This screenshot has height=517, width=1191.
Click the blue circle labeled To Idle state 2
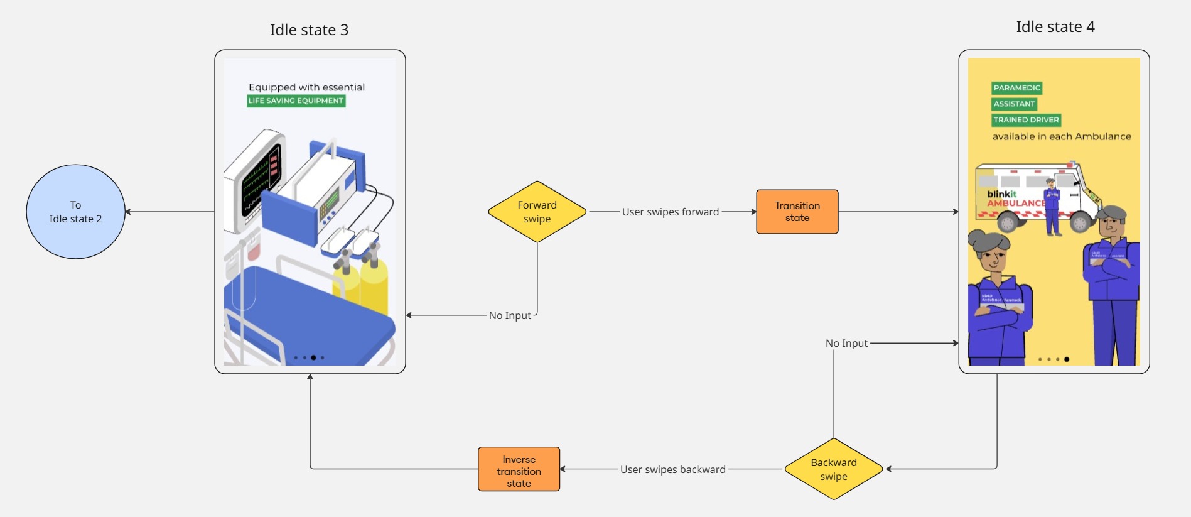(75, 212)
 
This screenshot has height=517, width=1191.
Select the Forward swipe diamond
(537, 212)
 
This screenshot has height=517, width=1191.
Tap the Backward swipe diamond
(834, 469)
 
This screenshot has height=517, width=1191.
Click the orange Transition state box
(797, 212)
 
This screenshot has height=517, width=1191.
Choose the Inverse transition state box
(519, 469)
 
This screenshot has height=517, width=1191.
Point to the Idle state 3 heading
(309, 30)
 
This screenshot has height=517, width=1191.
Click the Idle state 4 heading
(1055, 27)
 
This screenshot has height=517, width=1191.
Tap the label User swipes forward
(670, 212)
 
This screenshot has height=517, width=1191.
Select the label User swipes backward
(672, 469)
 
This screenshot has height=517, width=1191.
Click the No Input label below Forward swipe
(510, 315)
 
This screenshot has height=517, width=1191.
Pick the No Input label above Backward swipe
(846, 343)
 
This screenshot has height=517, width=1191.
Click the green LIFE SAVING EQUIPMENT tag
(296, 101)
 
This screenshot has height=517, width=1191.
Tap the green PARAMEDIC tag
(1016, 88)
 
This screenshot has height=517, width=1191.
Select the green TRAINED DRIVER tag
(1026, 120)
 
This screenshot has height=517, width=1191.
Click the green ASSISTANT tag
(1014, 104)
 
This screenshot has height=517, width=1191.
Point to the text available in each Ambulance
(1061, 136)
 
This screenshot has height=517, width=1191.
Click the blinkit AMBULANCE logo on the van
(1012, 199)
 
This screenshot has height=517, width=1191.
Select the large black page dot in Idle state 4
(1067, 359)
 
